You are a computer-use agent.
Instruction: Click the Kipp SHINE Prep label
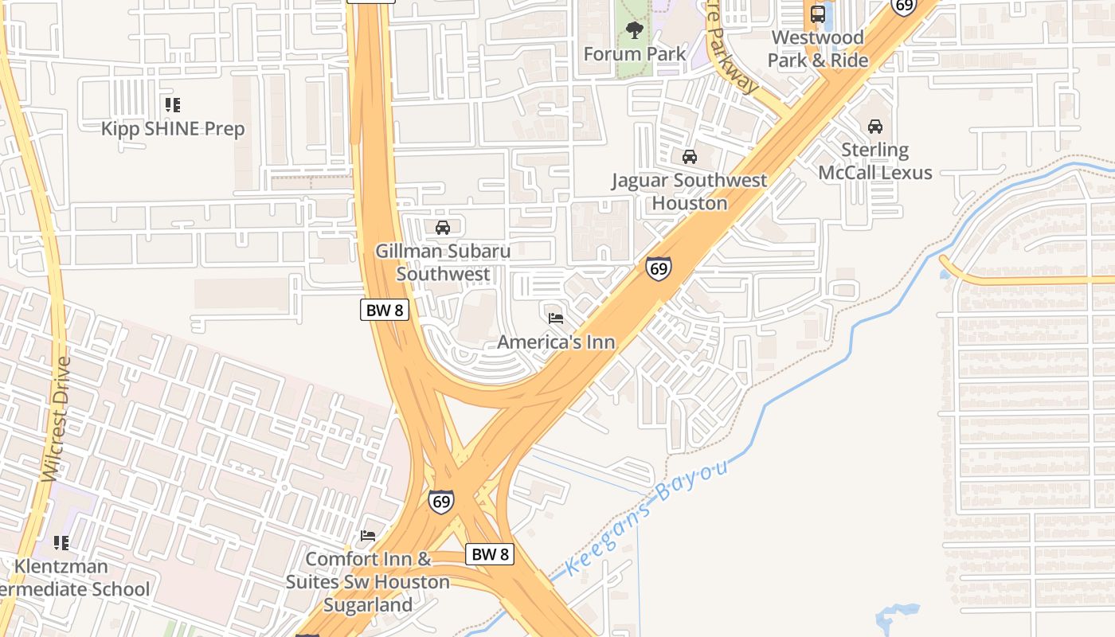pos(173,128)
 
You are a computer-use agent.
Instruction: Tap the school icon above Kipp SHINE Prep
pos(173,105)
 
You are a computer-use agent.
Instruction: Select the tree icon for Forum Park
pos(635,31)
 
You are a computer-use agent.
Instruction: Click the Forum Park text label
pos(635,54)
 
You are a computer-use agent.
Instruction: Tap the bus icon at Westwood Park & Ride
pos(818,14)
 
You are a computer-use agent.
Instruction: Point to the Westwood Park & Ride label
pos(818,49)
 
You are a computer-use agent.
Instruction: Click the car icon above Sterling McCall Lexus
pos(875,127)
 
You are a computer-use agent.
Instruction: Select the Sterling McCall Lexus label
pos(875,161)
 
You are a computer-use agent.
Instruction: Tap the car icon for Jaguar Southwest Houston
pos(690,157)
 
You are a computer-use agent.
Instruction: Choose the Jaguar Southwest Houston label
pos(690,191)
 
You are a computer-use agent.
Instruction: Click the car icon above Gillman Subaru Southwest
pos(443,228)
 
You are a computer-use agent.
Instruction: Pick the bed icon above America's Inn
pos(556,318)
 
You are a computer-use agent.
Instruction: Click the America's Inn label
pos(556,342)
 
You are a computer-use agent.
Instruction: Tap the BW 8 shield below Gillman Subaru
pos(385,310)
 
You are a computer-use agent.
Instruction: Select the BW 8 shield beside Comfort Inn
pos(490,554)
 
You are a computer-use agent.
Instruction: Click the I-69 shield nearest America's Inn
pos(659,268)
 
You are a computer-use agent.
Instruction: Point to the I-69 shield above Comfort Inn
pos(441,502)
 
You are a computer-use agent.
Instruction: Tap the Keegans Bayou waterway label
pos(647,518)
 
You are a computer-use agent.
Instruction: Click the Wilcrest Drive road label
pos(55,418)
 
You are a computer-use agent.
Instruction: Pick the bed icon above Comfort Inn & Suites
pos(368,535)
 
